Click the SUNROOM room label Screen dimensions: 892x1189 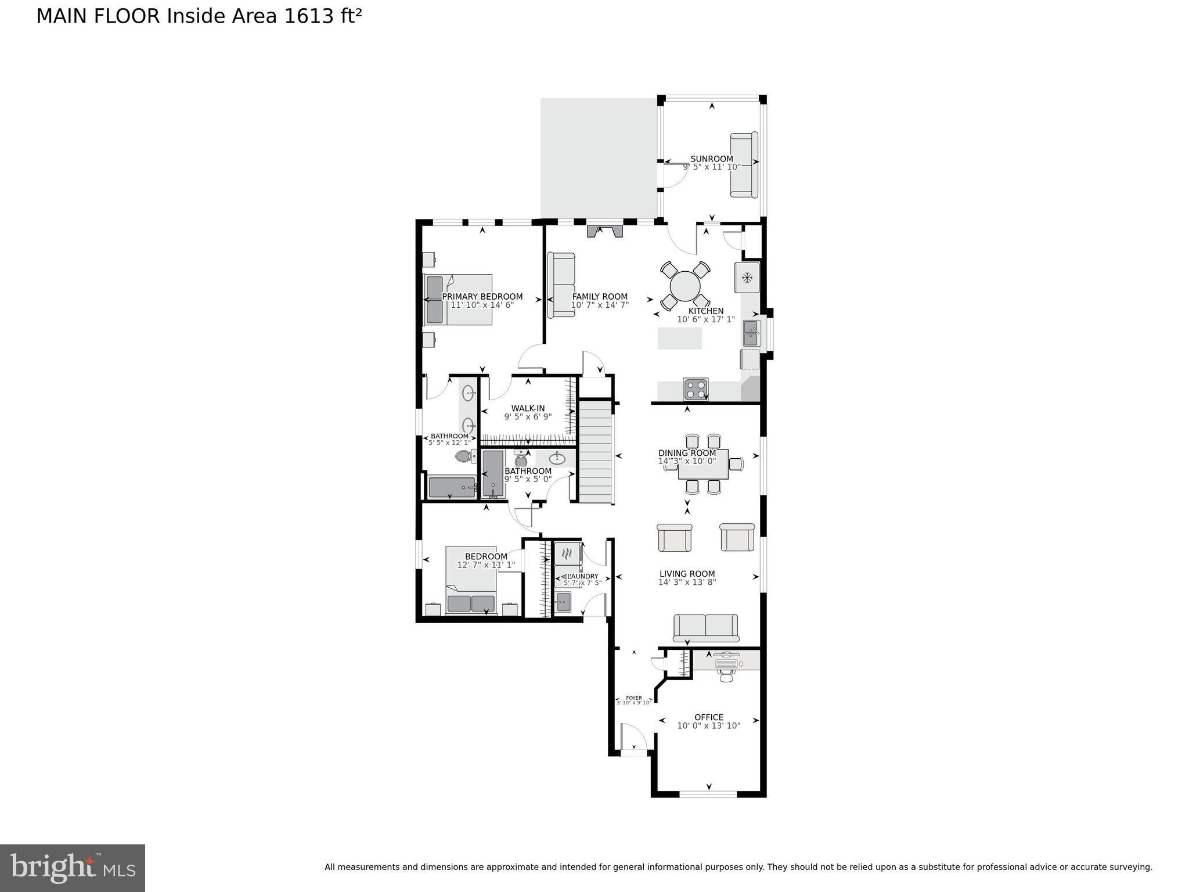pyautogui.click(x=711, y=159)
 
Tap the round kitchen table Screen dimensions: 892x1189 pyautogui.click(x=684, y=286)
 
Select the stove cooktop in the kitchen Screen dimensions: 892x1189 pyautogui.click(x=695, y=389)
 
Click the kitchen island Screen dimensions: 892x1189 pyautogui.click(x=679, y=338)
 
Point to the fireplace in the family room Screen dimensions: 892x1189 pyautogui.click(x=604, y=231)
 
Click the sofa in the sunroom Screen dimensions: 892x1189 pyautogui.click(x=744, y=165)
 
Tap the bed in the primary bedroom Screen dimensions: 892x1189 pyautogui.click(x=459, y=300)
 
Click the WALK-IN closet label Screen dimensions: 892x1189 pyautogui.click(x=528, y=408)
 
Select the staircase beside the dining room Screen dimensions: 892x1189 pyautogui.click(x=596, y=453)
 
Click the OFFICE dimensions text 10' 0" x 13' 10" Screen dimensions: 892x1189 pyautogui.click(x=708, y=725)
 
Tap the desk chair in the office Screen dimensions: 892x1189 pyautogui.click(x=726, y=675)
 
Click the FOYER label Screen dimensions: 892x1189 pyautogui.click(x=633, y=698)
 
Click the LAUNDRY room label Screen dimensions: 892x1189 pyautogui.click(x=582, y=576)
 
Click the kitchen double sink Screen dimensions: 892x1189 pyautogui.click(x=751, y=333)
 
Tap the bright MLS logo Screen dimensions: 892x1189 pyautogui.click(x=73, y=868)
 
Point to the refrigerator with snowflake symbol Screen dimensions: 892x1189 pyautogui.click(x=747, y=278)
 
